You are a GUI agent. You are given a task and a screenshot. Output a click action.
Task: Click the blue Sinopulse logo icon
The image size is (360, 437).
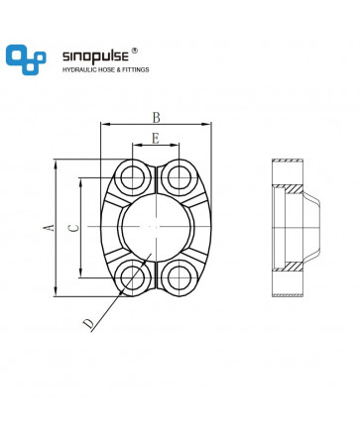[26, 59]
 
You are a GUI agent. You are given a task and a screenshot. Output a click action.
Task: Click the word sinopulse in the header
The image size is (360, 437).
[95, 56]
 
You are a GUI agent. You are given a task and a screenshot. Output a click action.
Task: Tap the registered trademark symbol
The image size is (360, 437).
[135, 51]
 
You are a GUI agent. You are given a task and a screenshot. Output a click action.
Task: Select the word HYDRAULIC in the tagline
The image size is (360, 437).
[78, 69]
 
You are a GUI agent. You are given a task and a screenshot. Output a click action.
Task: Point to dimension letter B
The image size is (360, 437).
[156, 117]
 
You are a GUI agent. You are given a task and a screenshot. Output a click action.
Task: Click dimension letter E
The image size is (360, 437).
[156, 139]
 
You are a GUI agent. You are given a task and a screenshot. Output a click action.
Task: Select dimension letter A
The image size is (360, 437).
[50, 227]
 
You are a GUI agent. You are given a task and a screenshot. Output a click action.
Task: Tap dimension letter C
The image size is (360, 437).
[74, 228]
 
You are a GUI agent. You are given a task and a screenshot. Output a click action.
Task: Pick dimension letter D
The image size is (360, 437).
[88, 324]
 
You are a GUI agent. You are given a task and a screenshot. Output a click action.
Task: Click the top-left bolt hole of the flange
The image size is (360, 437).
[133, 178]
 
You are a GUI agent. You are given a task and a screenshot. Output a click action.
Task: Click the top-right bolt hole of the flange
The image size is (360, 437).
[180, 178]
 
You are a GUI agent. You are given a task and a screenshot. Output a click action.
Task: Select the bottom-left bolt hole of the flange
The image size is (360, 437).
[133, 277]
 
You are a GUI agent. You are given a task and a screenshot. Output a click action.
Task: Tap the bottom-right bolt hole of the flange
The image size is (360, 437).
[180, 277]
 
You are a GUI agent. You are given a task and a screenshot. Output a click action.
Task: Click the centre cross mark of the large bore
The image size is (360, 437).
[156, 227]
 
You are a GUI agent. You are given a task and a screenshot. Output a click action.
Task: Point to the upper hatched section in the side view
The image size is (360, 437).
[293, 189]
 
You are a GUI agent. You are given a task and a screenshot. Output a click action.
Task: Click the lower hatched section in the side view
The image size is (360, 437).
[293, 267]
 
